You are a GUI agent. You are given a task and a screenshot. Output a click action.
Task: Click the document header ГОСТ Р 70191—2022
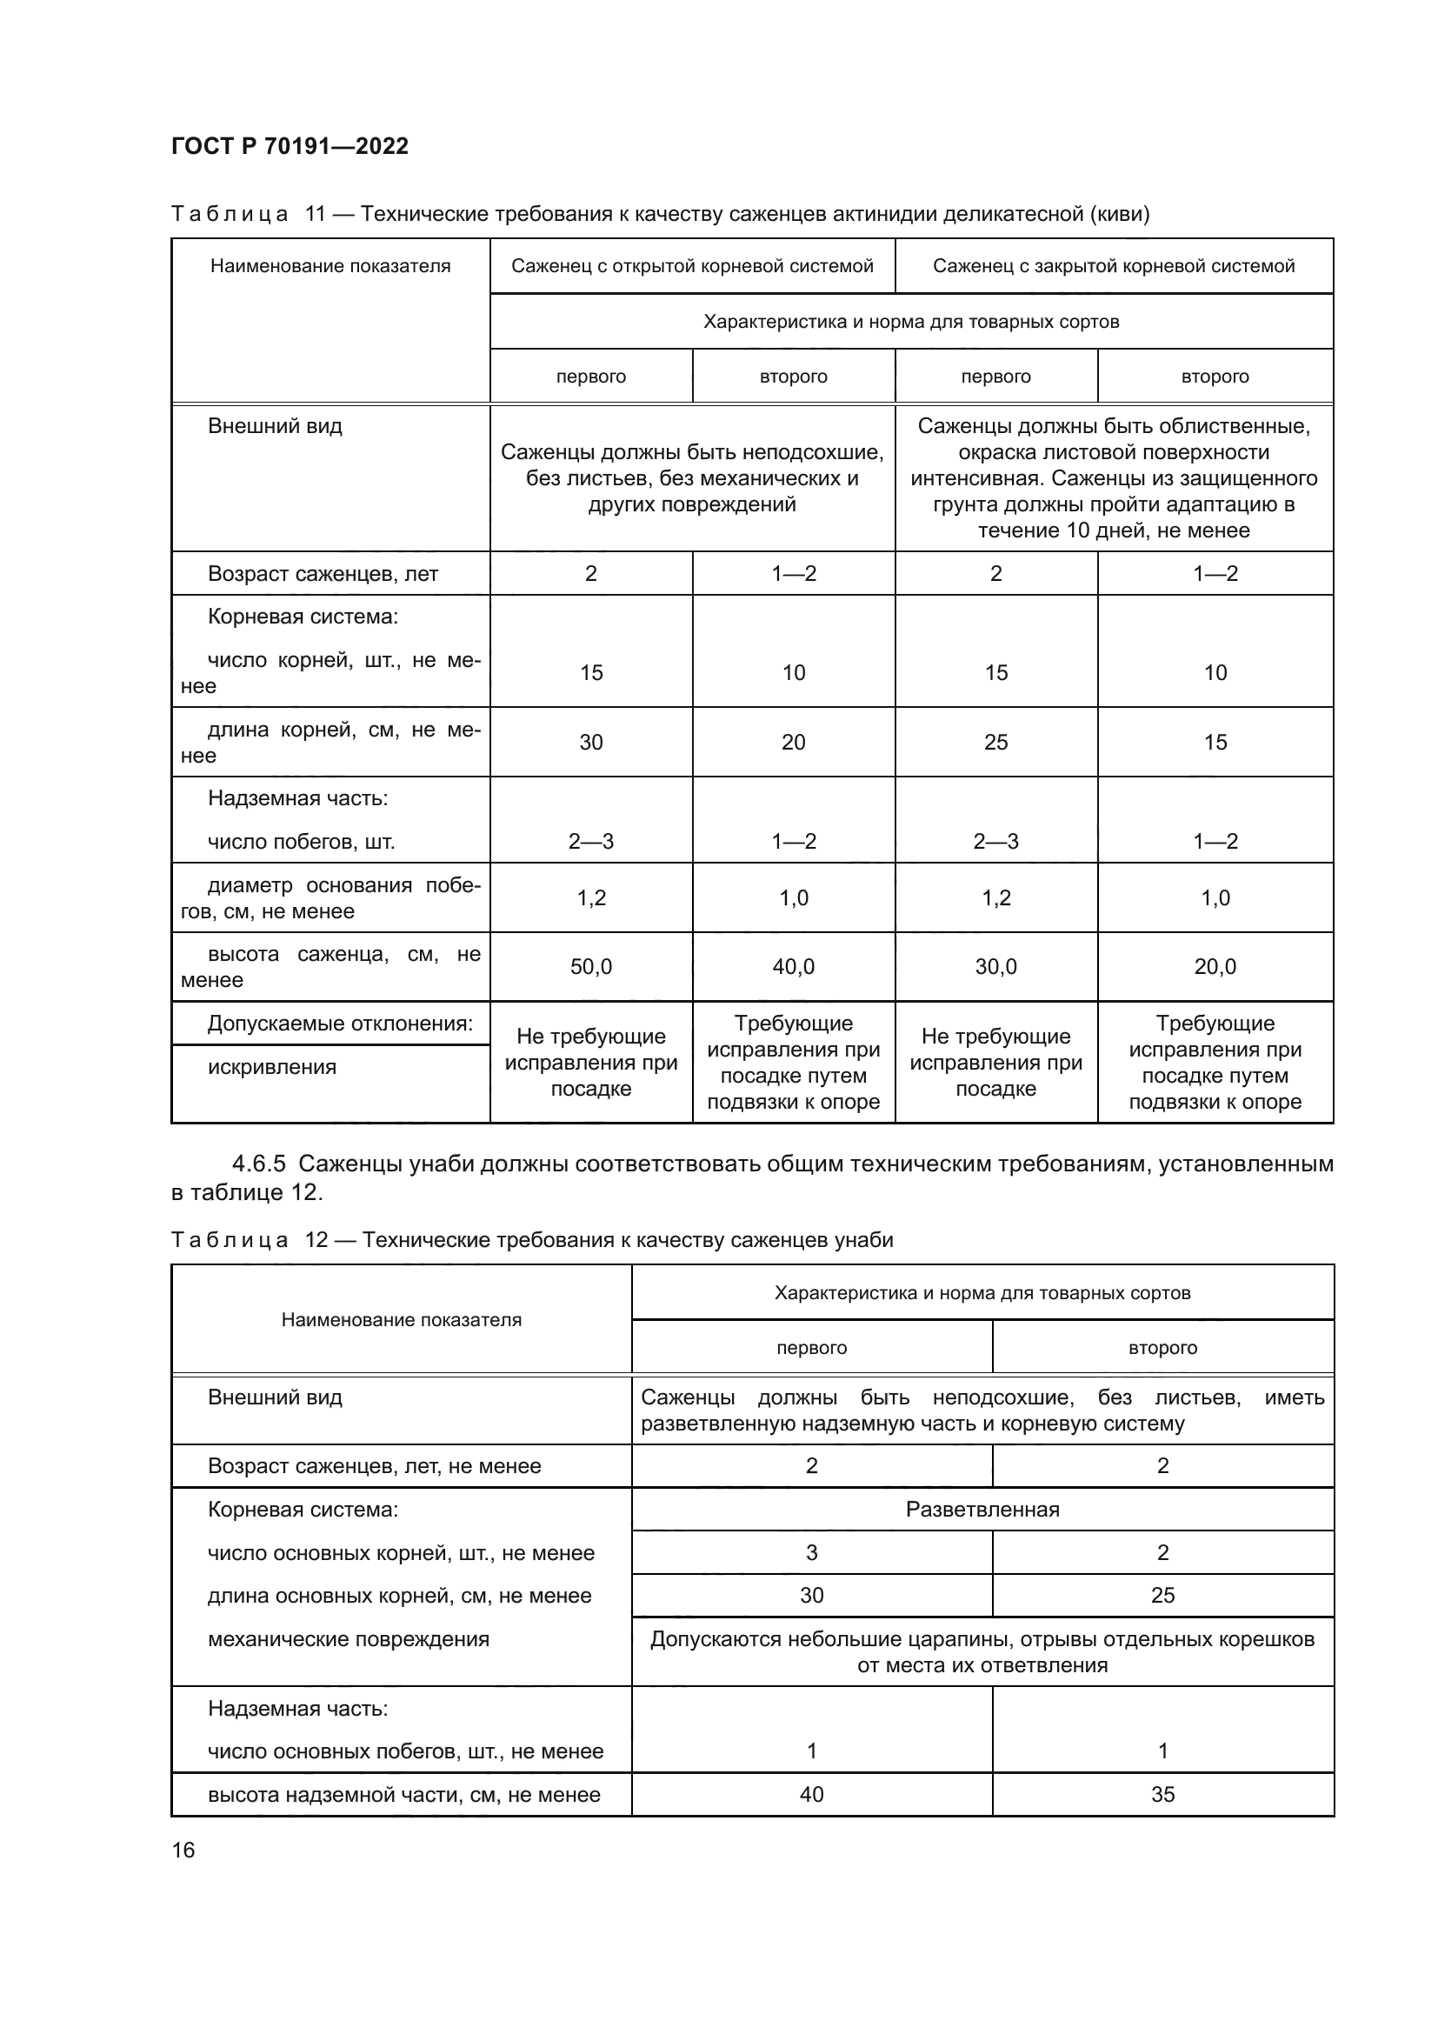[x=290, y=146]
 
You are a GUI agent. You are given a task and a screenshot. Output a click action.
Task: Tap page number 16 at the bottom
[x=183, y=1850]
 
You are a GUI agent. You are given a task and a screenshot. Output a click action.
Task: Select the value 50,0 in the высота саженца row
[x=590, y=966]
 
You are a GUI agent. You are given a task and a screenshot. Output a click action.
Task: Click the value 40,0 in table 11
[x=793, y=966]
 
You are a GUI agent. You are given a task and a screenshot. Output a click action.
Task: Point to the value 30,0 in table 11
[x=995, y=966]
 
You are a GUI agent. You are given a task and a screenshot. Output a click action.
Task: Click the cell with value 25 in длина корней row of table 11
[x=995, y=743]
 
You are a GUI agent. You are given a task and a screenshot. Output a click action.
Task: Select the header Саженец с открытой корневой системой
[x=691, y=266]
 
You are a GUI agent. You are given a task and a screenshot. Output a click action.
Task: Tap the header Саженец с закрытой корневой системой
[x=1113, y=266]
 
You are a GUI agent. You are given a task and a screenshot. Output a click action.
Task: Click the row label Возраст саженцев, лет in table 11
[x=323, y=574]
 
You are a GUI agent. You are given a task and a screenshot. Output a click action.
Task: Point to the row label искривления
[x=272, y=1067]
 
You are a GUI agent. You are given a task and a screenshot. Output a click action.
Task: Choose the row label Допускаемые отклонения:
[x=340, y=1024]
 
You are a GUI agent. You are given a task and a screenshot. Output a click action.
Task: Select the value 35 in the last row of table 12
[x=1162, y=1794]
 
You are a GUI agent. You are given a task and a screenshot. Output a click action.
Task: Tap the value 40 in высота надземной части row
[x=811, y=1794]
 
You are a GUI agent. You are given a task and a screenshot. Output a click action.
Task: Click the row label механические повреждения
[x=348, y=1639]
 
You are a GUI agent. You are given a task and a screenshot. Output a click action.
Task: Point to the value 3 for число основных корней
[x=811, y=1552]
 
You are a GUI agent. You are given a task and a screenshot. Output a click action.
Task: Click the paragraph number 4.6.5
[x=258, y=1164]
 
